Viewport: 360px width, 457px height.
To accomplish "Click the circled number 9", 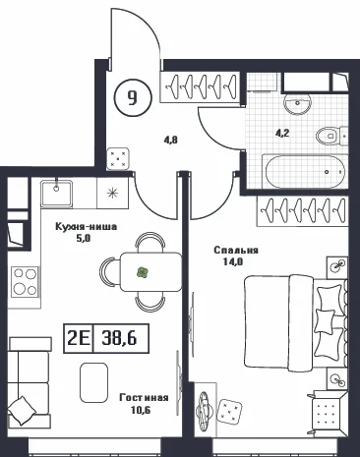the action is coord(133,97).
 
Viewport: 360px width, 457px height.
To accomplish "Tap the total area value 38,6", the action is coord(119,338).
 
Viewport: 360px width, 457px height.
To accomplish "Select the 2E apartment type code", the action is coord(79,338).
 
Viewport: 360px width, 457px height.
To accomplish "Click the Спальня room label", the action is coord(236,251).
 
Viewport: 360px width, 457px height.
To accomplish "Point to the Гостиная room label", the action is coord(144,398).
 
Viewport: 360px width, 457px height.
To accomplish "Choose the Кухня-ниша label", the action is coord(87,227).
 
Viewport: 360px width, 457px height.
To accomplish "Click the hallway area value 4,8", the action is coord(171,141).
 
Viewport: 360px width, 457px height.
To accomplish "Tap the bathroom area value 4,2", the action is coord(282,134).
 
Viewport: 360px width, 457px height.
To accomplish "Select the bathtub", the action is coord(304,172).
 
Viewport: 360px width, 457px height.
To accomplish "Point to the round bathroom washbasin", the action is coord(297,104).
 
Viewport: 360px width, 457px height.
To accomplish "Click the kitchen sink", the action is coord(56,194).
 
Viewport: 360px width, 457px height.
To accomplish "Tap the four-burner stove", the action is coord(25,282).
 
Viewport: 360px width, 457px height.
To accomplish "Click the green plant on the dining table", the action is coord(143,272).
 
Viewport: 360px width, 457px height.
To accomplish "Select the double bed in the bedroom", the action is coord(296,322).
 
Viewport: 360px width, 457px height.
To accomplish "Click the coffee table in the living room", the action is coord(94,382).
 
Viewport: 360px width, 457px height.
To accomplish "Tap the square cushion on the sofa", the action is coord(22,411).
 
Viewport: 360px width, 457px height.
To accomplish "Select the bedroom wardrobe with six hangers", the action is coord(302,211).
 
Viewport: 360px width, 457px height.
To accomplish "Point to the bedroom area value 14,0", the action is coord(232,261).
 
